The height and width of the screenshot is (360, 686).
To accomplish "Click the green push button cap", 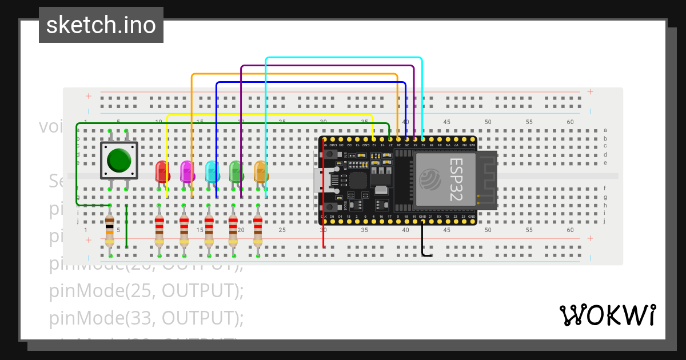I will coord(119,161).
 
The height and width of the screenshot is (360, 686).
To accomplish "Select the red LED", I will coord(162,171).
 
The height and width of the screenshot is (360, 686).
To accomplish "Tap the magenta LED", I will coord(187,171).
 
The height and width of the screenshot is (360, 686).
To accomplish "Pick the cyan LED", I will coord(212,171).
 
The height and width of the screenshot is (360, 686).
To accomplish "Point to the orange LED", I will coord(261,171).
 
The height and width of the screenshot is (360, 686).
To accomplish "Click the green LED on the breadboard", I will coord(236,171).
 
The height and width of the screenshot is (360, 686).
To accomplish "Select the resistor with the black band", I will coord(110,229).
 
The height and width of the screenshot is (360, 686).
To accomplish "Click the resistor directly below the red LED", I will coord(159,229).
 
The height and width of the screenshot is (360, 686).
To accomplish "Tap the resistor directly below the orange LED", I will coord(258,229).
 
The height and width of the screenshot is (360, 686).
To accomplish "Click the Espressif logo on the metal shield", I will coord(430,181).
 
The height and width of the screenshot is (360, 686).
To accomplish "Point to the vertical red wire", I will coord(324,194).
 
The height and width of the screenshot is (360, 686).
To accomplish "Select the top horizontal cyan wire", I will coord(343,58).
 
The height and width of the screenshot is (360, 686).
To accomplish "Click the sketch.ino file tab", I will coord(101,25).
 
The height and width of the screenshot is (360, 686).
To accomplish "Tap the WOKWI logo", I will coord(607,315).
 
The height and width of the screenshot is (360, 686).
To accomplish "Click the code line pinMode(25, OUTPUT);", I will coord(146,291).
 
